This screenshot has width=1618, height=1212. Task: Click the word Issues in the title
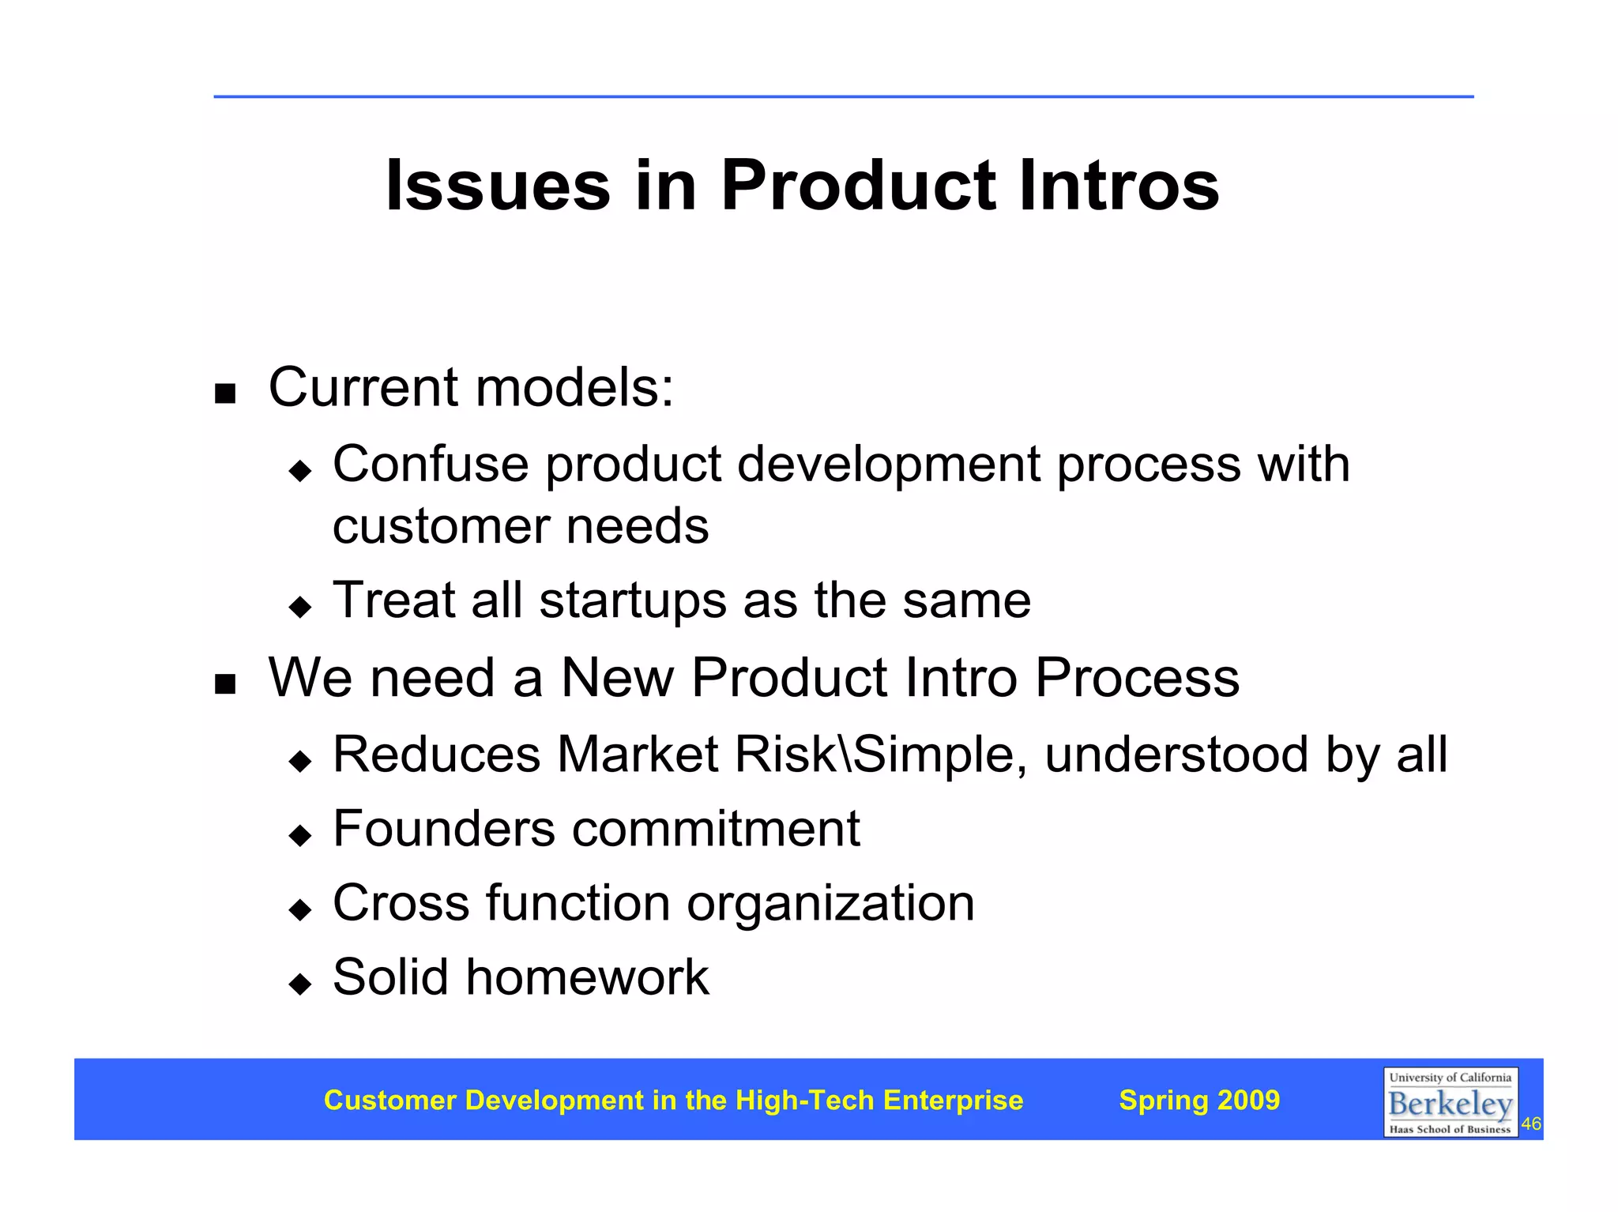click(x=498, y=186)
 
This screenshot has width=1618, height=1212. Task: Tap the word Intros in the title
click(x=1119, y=186)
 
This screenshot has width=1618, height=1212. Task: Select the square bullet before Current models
click(x=225, y=393)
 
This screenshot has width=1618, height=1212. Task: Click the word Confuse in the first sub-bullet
click(x=431, y=464)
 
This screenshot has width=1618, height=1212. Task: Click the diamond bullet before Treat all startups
click(x=300, y=607)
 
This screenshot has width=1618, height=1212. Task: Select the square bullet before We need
click(x=225, y=683)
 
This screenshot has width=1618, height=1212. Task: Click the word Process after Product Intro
click(x=1138, y=678)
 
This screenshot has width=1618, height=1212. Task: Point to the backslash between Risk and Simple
click(x=845, y=755)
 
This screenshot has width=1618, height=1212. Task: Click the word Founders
click(x=444, y=829)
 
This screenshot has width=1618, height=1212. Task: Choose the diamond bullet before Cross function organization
click(x=300, y=909)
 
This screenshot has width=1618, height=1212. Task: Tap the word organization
click(x=830, y=905)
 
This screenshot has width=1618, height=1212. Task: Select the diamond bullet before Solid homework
click(x=300, y=984)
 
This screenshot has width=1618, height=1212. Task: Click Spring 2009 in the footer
click(x=1199, y=1100)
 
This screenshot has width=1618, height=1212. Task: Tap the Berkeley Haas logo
click(x=1450, y=1102)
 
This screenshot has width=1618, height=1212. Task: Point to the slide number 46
click(x=1531, y=1124)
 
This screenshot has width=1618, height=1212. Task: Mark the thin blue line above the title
click(x=843, y=96)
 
